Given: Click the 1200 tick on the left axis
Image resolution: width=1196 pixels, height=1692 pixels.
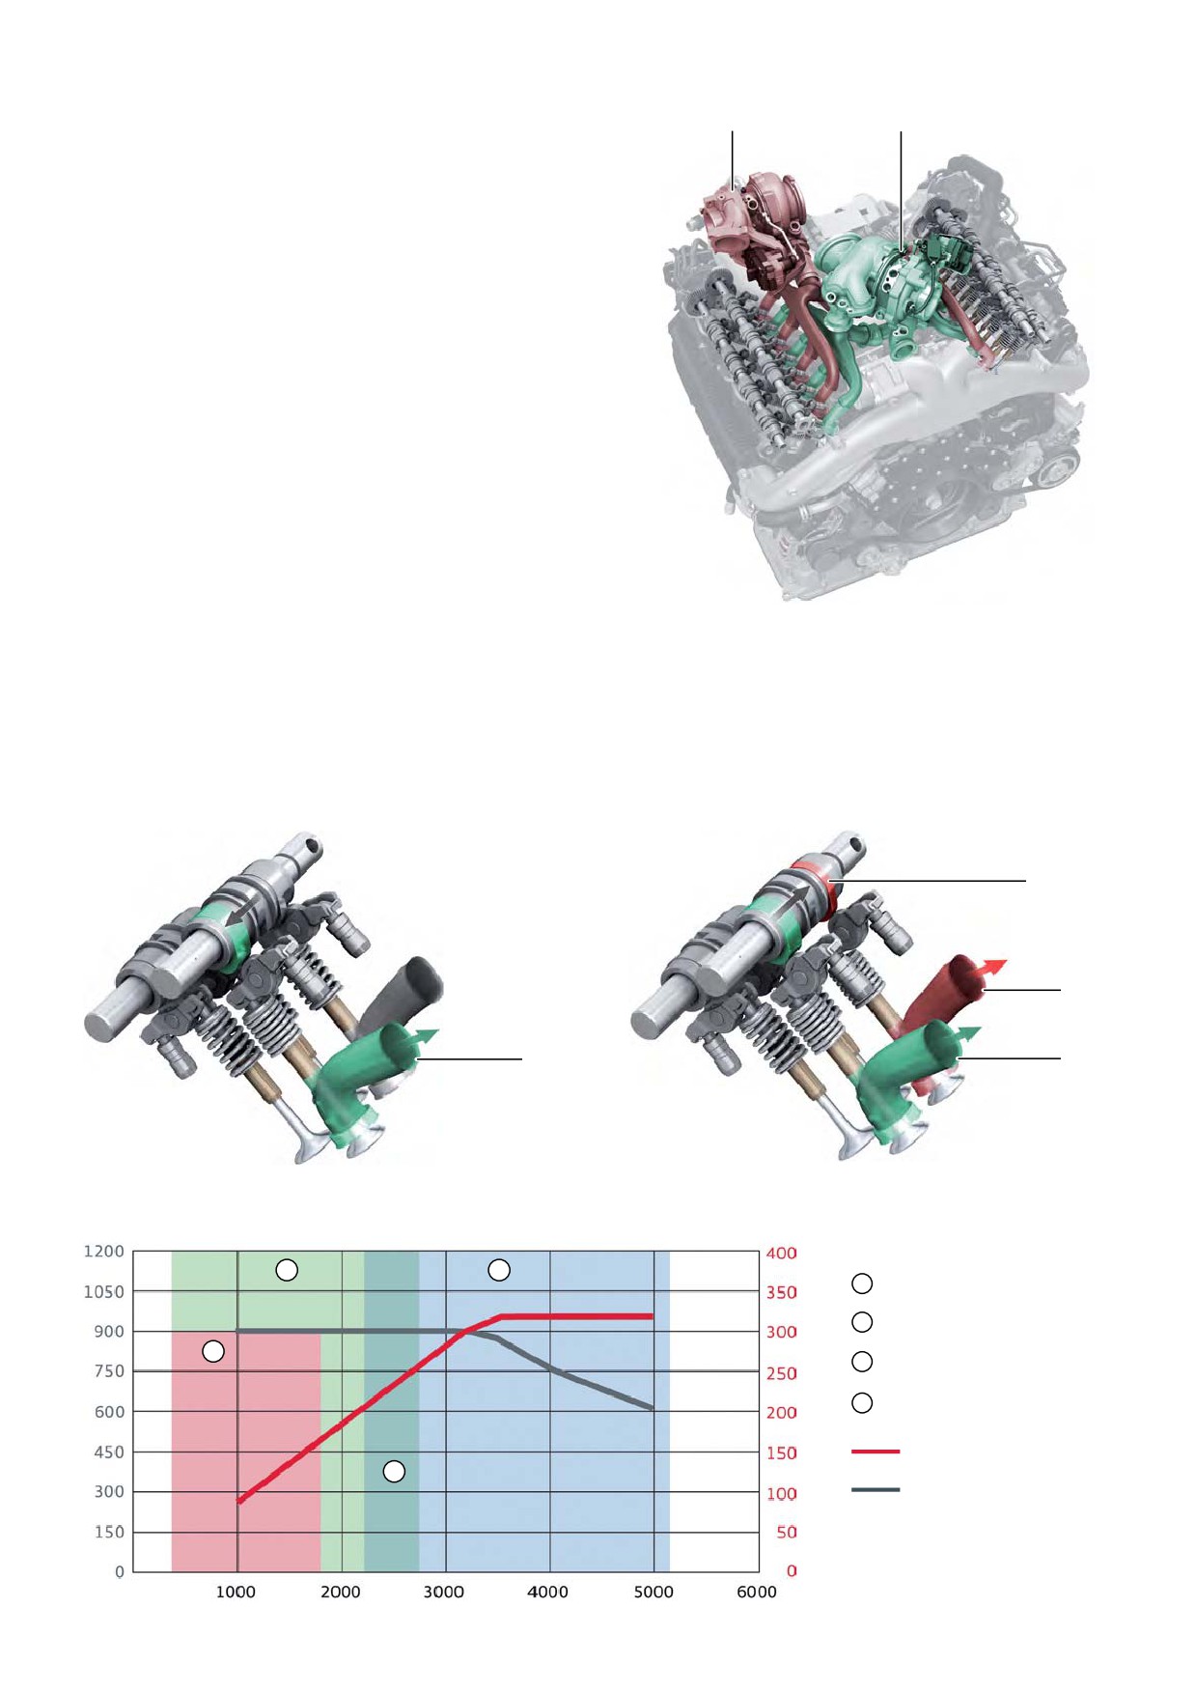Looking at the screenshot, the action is [x=104, y=1252].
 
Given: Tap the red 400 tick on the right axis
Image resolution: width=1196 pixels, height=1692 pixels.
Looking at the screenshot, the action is [x=782, y=1254].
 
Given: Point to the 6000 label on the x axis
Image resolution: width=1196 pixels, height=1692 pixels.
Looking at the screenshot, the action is [x=757, y=1593].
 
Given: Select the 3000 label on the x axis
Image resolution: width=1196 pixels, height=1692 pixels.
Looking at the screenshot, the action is [x=444, y=1593].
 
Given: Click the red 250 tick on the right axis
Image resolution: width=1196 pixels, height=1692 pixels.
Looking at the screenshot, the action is [x=782, y=1373].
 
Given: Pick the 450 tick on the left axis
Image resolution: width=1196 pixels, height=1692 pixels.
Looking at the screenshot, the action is [x=109, y=1452].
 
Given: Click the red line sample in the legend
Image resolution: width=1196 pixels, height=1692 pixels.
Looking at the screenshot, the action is [x=876, y=1452].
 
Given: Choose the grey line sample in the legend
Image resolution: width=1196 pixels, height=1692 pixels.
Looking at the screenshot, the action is [x=876, y=1490].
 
